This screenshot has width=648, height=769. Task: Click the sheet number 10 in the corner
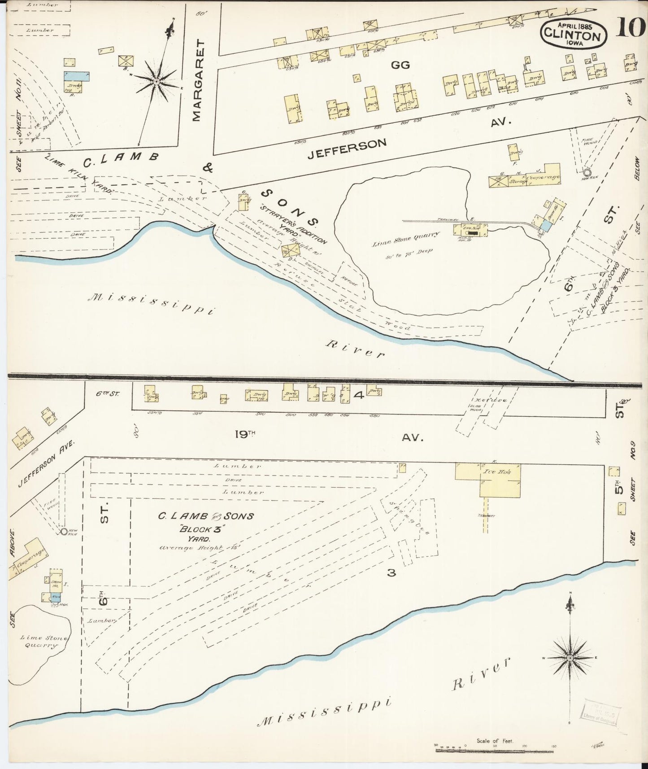(x=630, y=27)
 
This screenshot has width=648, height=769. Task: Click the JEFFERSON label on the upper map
(x=347, y=149)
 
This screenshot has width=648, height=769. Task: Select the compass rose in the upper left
(x=157, y=81)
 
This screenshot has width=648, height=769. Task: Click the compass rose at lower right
(x=570, y=658)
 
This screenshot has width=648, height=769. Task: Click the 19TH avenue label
(x=245, y=434)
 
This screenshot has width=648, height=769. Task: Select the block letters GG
(x=400, y=65)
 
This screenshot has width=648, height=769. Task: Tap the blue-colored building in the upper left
(x=76, y=76)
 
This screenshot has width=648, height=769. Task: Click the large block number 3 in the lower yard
(x=391, y=572)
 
